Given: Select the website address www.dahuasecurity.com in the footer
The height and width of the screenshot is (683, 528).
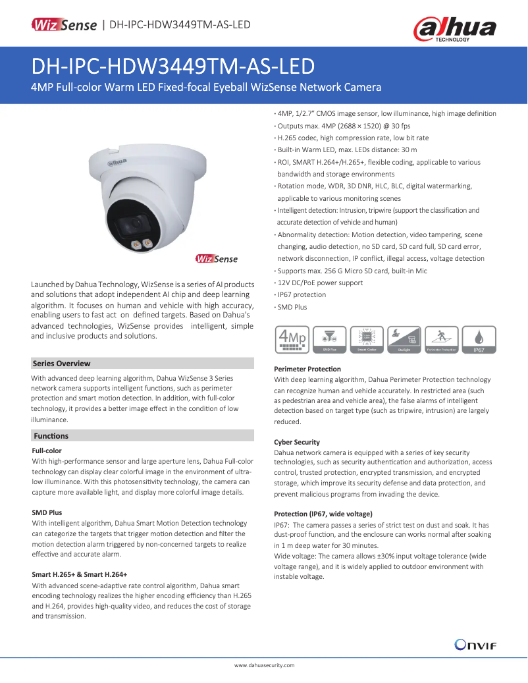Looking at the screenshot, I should (264, 666).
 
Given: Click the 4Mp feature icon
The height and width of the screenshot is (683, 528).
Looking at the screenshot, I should (292, 340).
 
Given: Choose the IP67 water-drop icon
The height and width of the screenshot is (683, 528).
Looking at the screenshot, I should (479, 340).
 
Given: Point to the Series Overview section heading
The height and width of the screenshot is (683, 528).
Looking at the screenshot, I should (61, 364).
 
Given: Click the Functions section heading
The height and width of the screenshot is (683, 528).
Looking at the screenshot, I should (51, 436).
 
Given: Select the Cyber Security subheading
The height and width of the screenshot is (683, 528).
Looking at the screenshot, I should (297, 442).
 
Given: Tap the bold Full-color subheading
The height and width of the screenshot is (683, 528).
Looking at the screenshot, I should (47, 451).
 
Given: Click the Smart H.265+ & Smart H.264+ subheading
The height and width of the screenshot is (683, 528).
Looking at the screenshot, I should (80, 574).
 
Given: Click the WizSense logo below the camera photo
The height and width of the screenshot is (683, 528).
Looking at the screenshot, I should (217, 259).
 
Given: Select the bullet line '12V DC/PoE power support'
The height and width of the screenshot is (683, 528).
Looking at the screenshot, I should (320, 283).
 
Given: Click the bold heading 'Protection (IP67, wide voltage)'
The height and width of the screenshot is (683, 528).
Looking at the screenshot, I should (323, 513).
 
